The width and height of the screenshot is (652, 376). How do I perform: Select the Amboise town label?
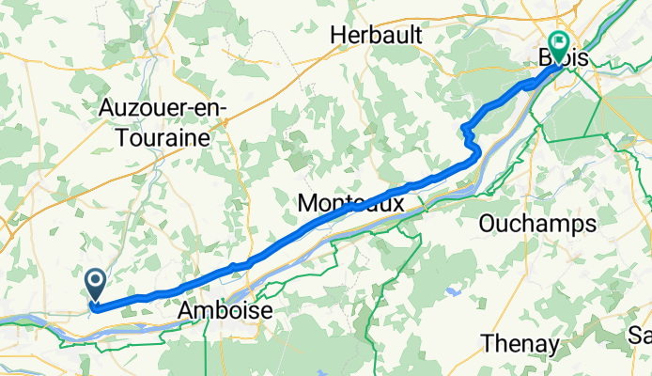pyautogui.click(x=225, y=311)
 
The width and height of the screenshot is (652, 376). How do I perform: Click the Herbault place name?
pyautogui.click(x=376, y=35)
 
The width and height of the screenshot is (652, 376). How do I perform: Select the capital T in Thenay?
pyautogui.click(x=487, y=344)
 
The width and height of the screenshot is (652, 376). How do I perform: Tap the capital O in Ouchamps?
pyautogui.click(x=489, y=224)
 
